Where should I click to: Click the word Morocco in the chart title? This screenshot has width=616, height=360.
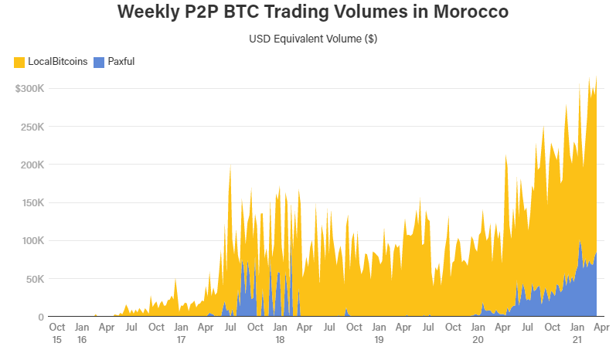click(x=456, y=13)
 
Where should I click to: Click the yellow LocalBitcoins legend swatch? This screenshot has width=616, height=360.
click(x=19, y=61)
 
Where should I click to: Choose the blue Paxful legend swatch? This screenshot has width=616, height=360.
click(x=99, y=61)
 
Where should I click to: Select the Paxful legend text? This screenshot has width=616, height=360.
click(x=121, y=61)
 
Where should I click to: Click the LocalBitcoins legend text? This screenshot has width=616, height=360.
click(x=57, y=61)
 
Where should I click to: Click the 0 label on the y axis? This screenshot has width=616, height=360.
click(x=43, y=317)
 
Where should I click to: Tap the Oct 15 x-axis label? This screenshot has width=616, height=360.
click(x=56, y=333)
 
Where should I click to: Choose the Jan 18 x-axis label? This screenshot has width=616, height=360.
click(x=280, y=333)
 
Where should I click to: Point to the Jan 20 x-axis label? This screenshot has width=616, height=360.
click(x=478, y=333)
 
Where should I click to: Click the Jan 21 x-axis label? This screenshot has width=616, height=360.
click(x=577, y=333)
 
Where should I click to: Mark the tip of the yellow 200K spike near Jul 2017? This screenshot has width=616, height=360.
click(x=230, y=165)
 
